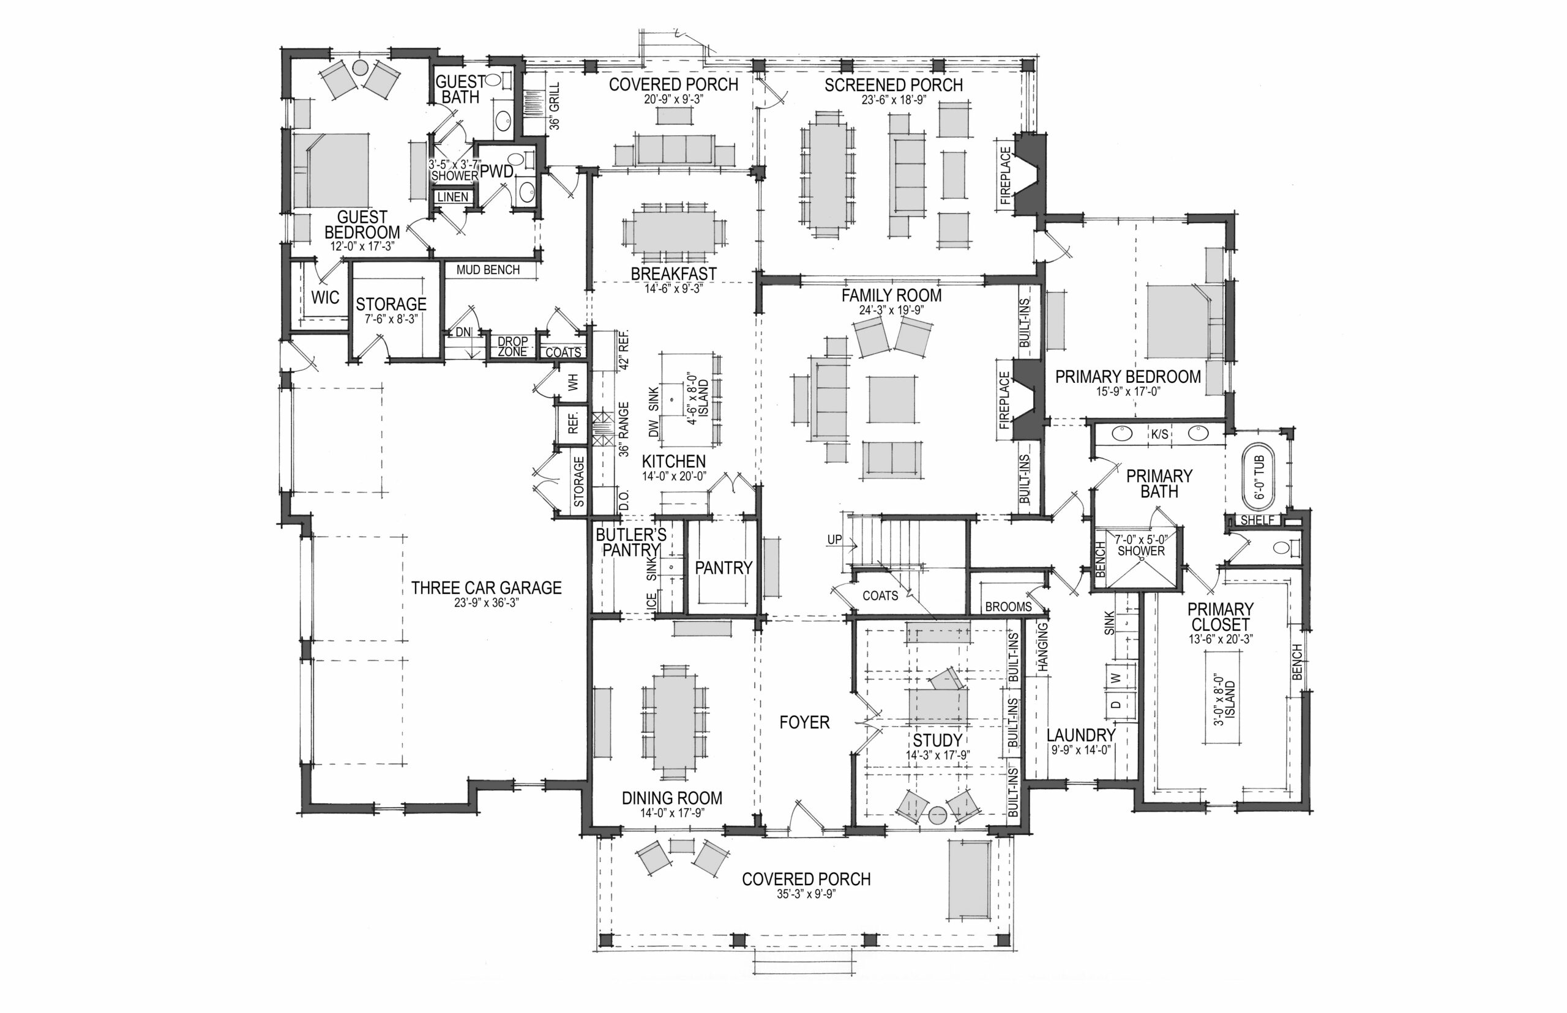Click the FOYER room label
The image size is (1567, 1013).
click(x=804, y=722)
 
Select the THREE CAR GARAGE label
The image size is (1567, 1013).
click(x=487, y=587)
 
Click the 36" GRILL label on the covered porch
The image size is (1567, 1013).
click(x=554, y=106)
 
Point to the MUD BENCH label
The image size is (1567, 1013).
click(x=488, y=270)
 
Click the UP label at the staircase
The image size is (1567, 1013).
click(x=834, y=540)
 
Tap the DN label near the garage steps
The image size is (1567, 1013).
click(x=463, y=332)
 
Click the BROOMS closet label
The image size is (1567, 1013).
click(x=1008, y=606)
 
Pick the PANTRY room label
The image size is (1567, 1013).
click(x=724, y=568)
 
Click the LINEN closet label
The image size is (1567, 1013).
click(x=453, y=197)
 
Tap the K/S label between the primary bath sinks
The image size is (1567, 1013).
click(x=1159, y=434)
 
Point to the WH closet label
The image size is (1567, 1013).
click(x=572, y=382)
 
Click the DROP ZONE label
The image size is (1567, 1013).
click(x=512, y=347)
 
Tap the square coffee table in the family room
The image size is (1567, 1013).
click(x=892, y=399)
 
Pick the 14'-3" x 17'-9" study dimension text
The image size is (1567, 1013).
click(x=937, y=755)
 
